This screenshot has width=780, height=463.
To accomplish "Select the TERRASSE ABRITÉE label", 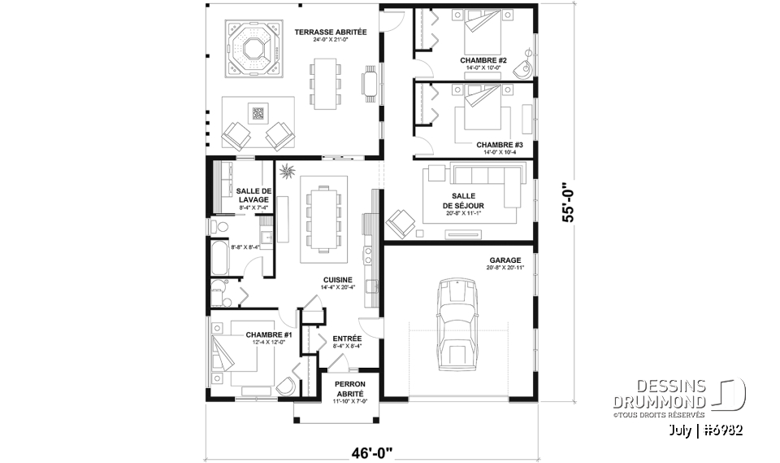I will [x=331, y=33].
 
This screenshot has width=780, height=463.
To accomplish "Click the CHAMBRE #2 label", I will [x=483, y=60].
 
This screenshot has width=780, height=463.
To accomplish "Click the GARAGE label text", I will [x=505, y=260].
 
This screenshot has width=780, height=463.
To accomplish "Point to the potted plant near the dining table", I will [x=288, y=171].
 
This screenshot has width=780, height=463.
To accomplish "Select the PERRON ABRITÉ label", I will [x=350, y=388].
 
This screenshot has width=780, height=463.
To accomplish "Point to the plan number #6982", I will [x=721, y=429].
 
